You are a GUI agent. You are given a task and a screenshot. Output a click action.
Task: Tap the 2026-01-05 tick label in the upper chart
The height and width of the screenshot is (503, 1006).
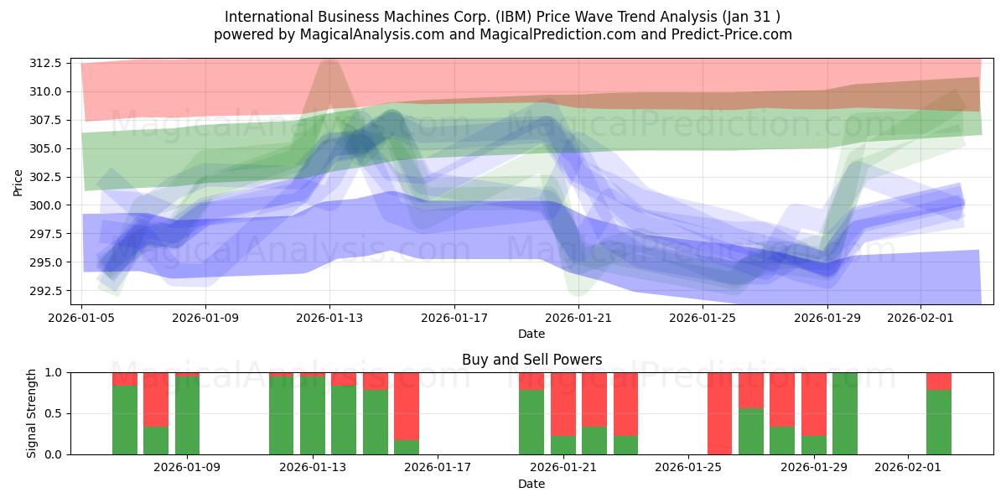(x=81, y=318)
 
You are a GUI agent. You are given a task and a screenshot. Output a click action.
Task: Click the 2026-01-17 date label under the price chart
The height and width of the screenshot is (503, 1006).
(x=454, y=318)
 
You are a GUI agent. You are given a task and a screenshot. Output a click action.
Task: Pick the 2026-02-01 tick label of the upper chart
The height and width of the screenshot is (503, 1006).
(x=920, y=318)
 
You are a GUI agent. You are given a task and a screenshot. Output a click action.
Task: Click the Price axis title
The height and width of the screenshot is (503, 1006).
(x=18, y=181)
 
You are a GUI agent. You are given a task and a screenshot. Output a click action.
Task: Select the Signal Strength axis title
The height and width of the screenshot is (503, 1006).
(x=31, y=413)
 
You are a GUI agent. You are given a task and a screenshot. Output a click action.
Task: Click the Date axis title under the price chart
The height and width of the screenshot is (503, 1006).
(x=532, y=334)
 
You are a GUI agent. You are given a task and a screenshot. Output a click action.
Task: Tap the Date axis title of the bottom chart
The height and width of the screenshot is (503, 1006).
(x=532, y=484)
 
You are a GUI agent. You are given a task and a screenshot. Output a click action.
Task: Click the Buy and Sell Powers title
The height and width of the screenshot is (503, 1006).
(x=532, y=360)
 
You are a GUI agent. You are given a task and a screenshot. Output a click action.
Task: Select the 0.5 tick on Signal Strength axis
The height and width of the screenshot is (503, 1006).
(x=54, y=413)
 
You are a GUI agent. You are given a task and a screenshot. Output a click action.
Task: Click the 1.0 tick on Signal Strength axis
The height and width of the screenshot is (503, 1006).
(x=54, y=372)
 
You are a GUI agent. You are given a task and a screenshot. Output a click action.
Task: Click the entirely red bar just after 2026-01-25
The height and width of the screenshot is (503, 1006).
(x=720, y=413)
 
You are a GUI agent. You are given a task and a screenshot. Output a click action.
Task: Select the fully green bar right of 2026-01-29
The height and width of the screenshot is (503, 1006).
(x=845, y=413)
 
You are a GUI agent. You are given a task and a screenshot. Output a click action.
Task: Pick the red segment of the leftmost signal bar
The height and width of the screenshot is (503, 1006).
(x=125, y=379)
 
